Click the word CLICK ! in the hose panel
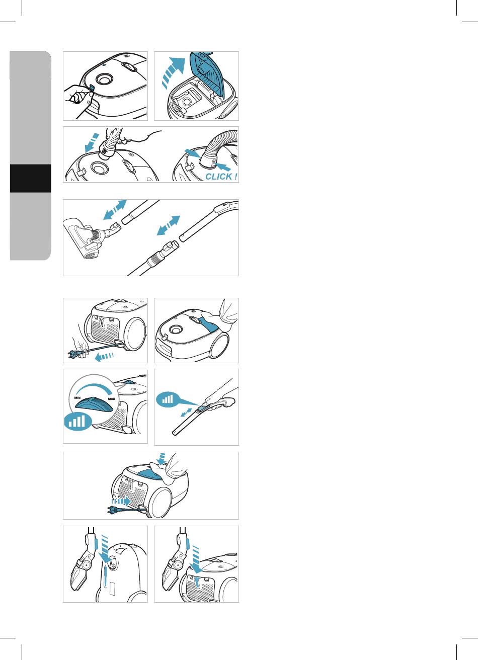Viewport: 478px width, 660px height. (221, 177)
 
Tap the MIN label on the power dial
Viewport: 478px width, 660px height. (77, 398)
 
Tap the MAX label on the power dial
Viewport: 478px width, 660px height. (111, 399)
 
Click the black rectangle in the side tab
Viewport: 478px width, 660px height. (30, 179)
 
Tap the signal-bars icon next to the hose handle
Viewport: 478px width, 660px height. (168, 399)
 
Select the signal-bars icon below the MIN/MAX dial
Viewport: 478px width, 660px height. (77, 421)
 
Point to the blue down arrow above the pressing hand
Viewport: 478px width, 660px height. (161, 458)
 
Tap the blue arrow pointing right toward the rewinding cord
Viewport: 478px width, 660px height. (121, 501)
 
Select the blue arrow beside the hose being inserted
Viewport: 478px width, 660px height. (92, 142)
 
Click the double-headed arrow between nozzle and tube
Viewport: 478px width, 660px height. (115, 210)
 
